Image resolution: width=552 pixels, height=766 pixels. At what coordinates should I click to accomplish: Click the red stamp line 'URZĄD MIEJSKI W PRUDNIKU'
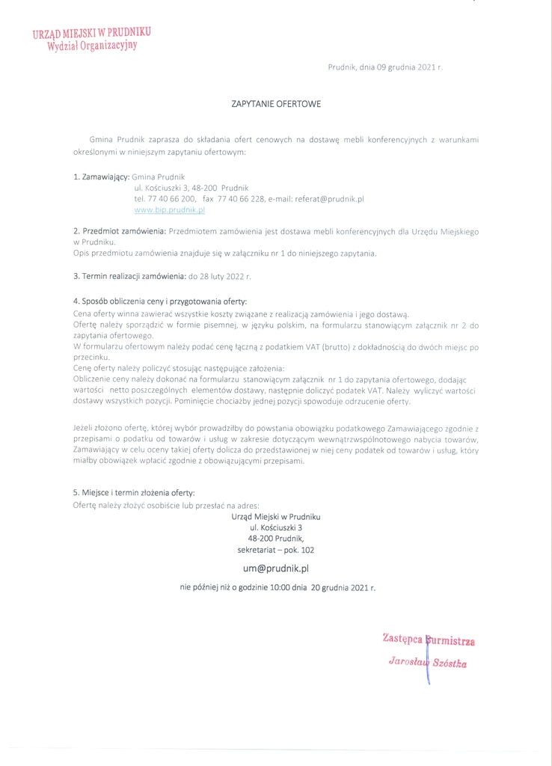pyautogui.click(x=91, y=33)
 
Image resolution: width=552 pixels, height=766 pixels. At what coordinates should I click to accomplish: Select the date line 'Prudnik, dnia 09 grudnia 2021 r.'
pyautogui.click(x=385, y=67)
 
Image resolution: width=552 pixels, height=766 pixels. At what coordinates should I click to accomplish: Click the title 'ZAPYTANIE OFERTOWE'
pyautogui.click(x=276, y=104)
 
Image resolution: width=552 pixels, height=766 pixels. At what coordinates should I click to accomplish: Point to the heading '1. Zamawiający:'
pyautogui.click(x=101, y=177)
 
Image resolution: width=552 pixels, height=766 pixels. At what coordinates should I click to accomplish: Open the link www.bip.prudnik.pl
pyautogui.click(x=169, y=211)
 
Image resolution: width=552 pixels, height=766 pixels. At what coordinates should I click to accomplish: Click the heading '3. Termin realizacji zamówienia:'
pyautogui.click(x=129, y=277)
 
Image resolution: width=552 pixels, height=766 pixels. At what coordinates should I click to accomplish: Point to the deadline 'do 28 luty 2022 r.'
pyautogui.click(x=220, y=277)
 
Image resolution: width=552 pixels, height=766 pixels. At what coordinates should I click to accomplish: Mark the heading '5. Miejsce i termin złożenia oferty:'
pyautogui.click(x=134, y=493)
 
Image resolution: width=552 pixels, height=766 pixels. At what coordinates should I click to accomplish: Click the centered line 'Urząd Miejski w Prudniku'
pyautogui.click(x=276, y=517)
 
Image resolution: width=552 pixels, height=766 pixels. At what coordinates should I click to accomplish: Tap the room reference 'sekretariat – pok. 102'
pyautogui.click(x=276, y=550)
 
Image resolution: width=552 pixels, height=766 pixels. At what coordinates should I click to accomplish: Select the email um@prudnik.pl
pyautogui.click(x=275, y=569)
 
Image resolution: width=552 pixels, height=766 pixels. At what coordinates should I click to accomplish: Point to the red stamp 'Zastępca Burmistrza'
pyautogui.click(x=429, y=640)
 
